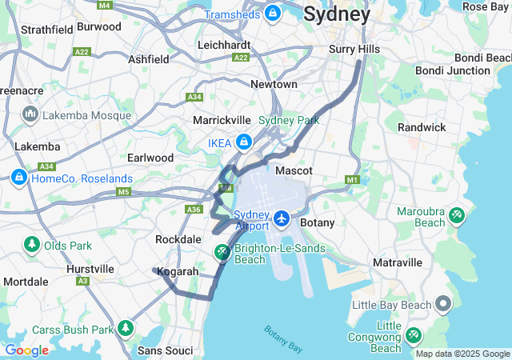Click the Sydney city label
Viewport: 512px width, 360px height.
point(337,14)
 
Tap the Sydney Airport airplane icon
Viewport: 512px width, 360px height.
point(282,218)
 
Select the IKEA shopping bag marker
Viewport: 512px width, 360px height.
point(243,143)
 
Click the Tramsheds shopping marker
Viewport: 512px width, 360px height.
point(273,14)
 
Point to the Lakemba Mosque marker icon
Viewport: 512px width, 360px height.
point(32,115)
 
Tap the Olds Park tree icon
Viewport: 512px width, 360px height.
point(32,244)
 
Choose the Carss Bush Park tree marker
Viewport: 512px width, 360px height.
point(126,328)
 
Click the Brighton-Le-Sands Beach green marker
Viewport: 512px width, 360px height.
point(222,253)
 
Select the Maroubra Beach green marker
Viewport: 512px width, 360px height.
point(457,215)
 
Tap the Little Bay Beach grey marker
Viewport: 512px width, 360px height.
point(444,304)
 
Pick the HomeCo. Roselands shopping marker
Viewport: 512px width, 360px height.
point(19,177)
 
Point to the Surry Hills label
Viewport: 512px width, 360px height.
point(354,50)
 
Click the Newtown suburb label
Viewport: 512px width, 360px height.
point(274,84)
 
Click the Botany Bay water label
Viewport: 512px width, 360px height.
point(283,338)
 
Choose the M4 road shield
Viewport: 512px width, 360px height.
point(104,5)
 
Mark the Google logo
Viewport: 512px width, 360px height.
point(26,350)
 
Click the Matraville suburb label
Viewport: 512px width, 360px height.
point(398,262)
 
